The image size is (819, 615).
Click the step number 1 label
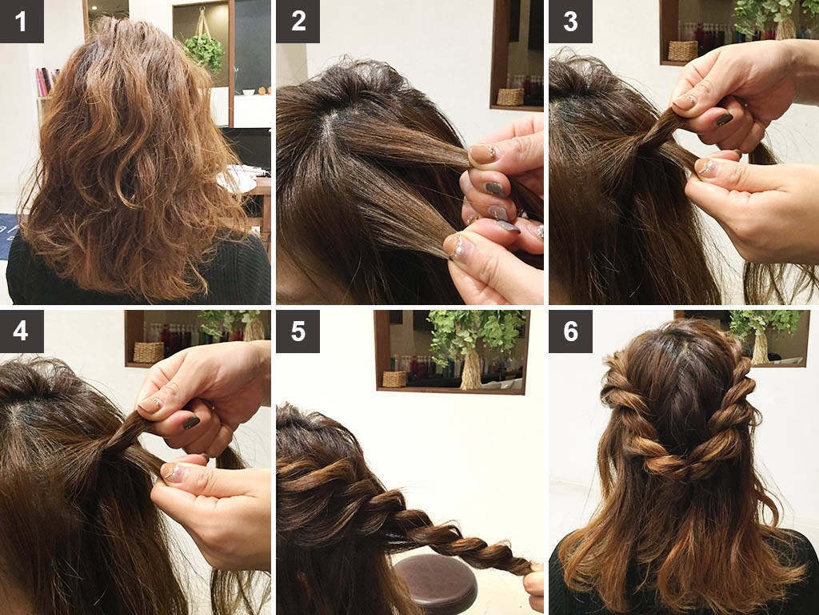pyautogui.click(x=22, y=22)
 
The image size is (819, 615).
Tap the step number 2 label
pyautogui.click(x=298, y=22)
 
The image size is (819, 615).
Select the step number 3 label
pyautogui.click(x=570, y=22)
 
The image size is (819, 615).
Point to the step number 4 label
pyautogui.click(x=22, y=332)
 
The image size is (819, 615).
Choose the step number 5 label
pyautogui.click(x=298, y=332)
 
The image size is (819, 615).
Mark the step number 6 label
pyautogui.click(x=570, y=332)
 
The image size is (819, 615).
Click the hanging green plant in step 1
pyautogui.click(x=204, y=51)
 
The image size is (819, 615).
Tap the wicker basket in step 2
pyautogui.click(x=509, y=97)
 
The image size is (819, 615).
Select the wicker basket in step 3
pyautogui.click(x=683, y=51)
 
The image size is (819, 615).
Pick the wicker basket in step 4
pyautogui.click(x=148, y=352)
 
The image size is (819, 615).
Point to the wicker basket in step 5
pyautogui.click(x=394, y=379)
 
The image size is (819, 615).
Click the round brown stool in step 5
pyautogui.click(x=436, y=583)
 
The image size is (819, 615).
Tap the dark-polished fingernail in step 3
pyautogui.click(x=724, y=119)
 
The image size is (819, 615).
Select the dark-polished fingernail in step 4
pyautogui.click(x=190, y=422)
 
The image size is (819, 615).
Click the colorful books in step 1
pyautogui.click(x=46, y=82)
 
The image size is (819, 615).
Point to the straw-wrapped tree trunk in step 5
pyautogui.click(x=471, y=370)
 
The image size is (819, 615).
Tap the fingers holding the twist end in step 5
pyautogui.click(x=533, y=585)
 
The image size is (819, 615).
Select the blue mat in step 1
pyautogui.click(x=9, y=236)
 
